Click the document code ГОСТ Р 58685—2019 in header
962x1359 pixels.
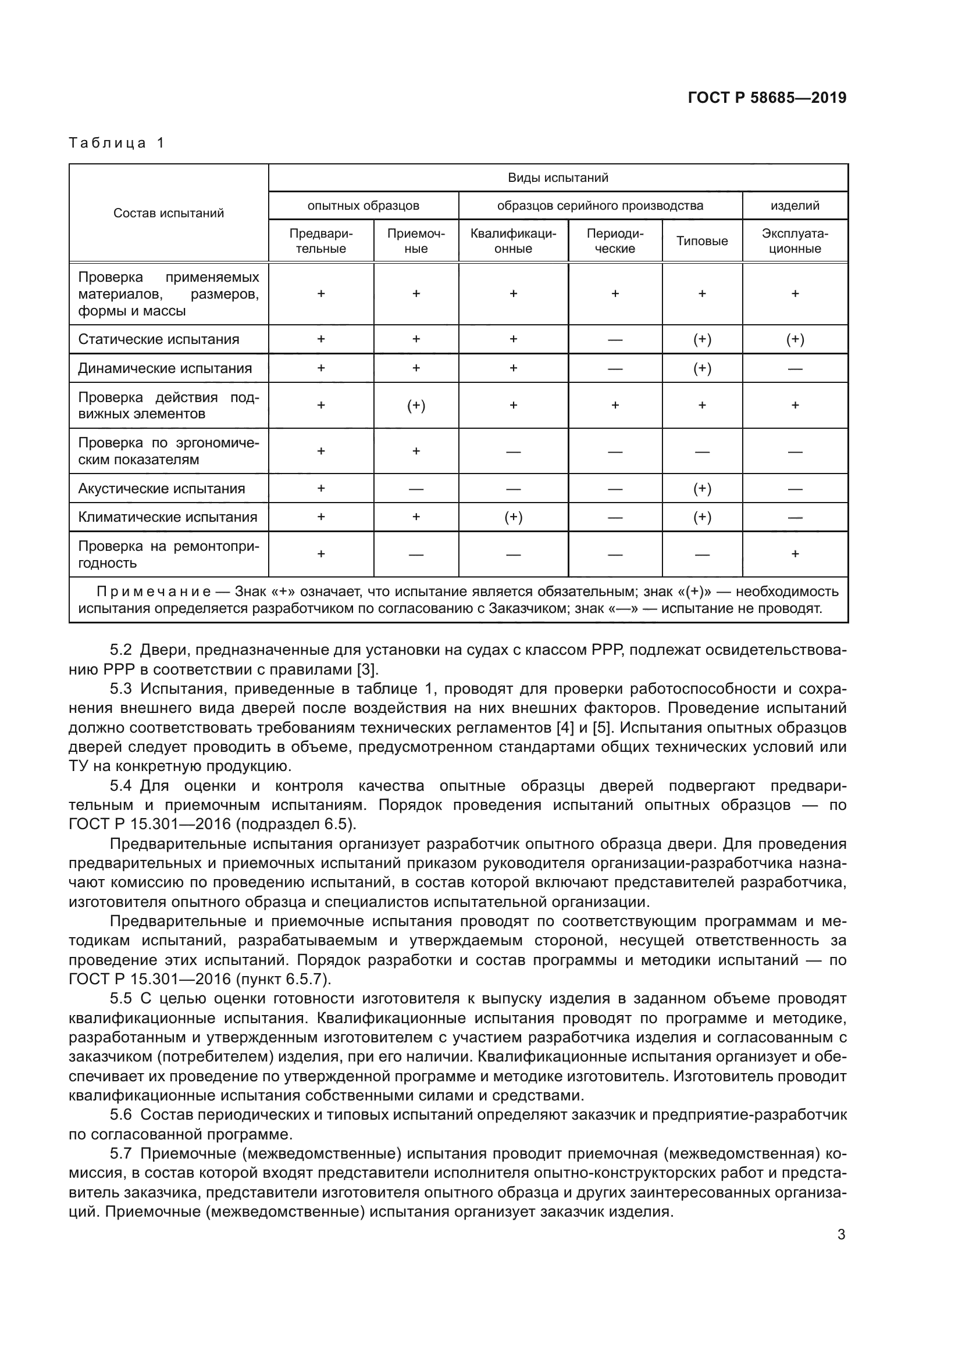767,98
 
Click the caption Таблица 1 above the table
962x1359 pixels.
117,143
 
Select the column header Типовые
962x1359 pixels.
702,241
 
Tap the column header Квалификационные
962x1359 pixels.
513,241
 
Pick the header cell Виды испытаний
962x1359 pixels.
558,178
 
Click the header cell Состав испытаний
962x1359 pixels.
169,213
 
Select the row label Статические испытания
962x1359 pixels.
159,339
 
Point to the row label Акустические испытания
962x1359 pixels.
161,488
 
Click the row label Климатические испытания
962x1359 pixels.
168,517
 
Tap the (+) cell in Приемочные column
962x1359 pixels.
416,406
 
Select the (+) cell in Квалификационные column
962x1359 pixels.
513,517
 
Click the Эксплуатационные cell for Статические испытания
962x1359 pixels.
795,339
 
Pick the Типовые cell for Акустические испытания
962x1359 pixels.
702,488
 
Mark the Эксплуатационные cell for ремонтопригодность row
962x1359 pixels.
795,554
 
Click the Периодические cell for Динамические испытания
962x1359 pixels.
615,368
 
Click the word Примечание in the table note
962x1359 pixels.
154,591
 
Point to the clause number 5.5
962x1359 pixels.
121,999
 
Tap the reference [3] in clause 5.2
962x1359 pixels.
366,669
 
